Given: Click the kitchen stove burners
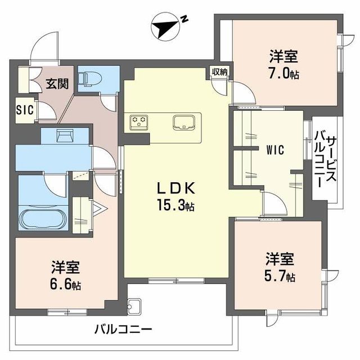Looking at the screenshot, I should click(138, 121).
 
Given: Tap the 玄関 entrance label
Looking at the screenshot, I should click(57, 84).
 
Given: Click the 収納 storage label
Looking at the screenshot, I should click(220, 71).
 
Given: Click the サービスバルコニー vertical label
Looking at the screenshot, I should click(326, 160).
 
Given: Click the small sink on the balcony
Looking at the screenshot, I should click(134, 307).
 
